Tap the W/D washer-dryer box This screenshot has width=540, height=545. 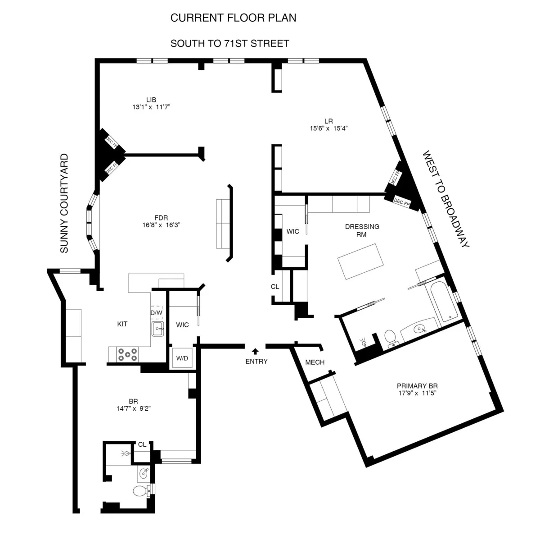coord(182,359)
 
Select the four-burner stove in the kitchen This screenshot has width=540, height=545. coord(127,354)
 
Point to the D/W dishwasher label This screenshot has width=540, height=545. coord(156,312)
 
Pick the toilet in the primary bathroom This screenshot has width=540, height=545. coord(390,337)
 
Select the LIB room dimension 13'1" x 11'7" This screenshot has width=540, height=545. coord(151,107)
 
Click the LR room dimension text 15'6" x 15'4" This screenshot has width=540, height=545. coord(328,128)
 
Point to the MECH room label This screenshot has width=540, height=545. coord(315,362)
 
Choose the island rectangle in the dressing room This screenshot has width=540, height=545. coord(361,261)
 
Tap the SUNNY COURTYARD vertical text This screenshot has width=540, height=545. coord(65,203)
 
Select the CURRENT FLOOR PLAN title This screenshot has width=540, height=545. coord(233,18)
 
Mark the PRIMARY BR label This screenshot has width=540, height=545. coord(417,386)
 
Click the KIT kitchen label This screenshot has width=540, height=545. coord(122,324)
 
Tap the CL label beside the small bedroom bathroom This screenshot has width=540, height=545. coord(142,444)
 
